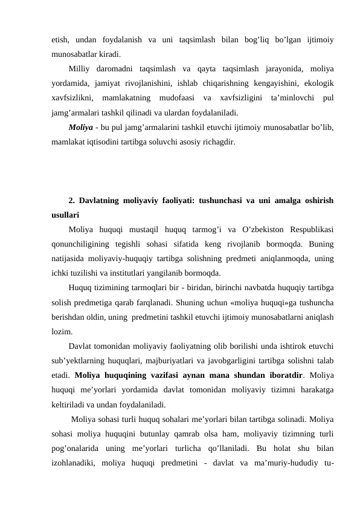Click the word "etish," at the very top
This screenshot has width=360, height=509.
coord(61,40)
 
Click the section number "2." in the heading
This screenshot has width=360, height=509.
coord(72,200)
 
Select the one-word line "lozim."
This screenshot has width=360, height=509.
coord(62,331)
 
